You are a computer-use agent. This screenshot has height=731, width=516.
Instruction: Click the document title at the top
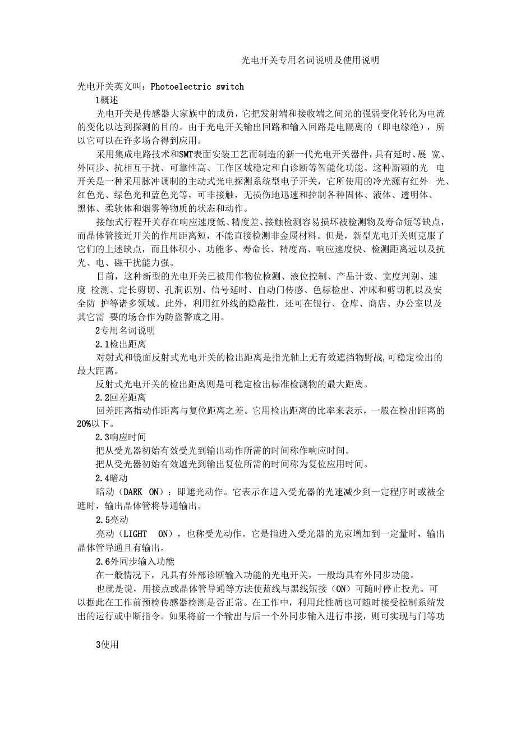(x=310, y=60)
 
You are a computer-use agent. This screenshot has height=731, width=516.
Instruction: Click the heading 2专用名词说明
(x=125, y=330)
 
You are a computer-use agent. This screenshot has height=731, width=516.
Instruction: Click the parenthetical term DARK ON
(x=140, y=492)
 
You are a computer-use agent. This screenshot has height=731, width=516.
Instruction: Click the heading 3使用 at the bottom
(x=107, y=645)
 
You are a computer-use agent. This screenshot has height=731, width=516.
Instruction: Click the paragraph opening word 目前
(x=105, y=276)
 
